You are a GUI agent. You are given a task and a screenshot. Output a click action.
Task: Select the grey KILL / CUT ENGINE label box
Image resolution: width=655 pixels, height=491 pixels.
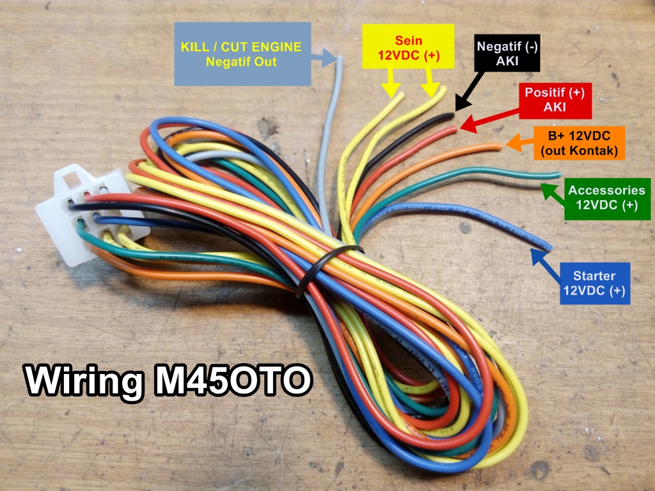(x=242, y=54)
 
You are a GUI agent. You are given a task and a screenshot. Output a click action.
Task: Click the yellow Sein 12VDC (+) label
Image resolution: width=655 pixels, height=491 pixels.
(x=408, y=47)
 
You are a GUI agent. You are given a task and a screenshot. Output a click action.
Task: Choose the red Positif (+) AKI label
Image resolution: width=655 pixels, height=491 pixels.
(x=555, y=100)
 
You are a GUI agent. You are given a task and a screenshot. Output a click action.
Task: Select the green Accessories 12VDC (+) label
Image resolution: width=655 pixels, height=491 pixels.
(x=607, y=198)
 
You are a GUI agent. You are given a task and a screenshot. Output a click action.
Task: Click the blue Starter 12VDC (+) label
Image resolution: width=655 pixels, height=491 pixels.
(x=594, y=284)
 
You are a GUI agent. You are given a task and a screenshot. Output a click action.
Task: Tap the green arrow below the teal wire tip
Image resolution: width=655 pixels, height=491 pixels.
(x=551, y=192)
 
